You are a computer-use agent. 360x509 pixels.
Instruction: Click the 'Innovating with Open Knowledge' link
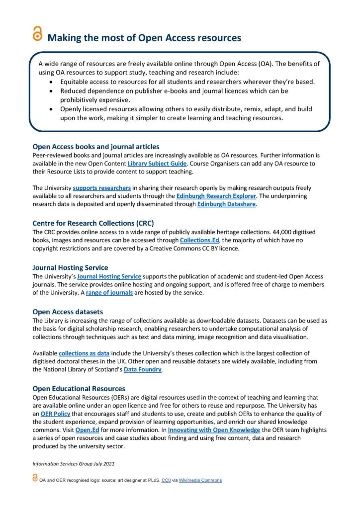click(x=214, y=430)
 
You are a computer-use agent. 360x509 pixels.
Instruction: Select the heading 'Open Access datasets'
click(x=68, y=312)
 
